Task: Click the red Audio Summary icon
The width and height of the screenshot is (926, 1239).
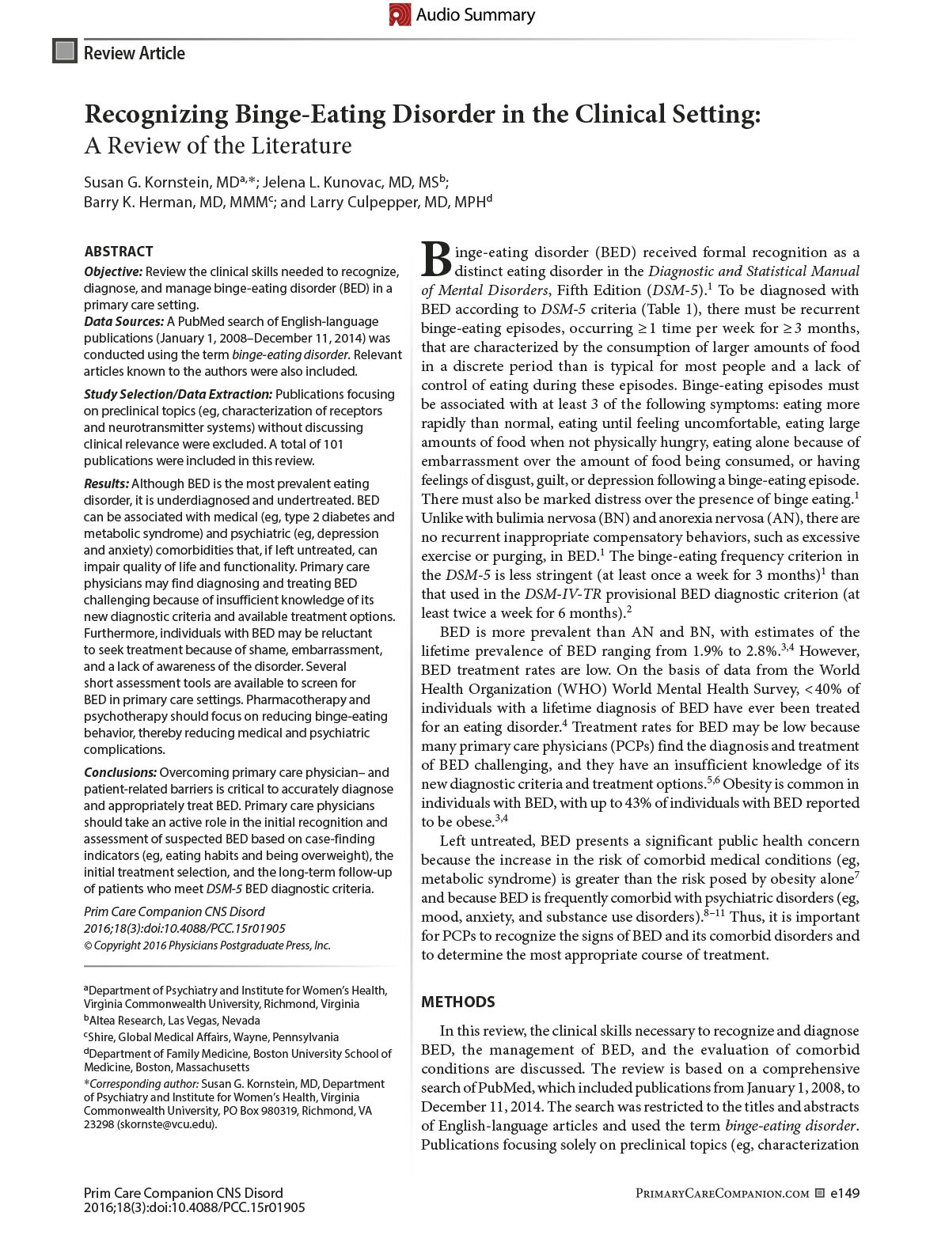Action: (400, 15)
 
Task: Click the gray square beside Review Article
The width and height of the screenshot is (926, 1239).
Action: (65, 52)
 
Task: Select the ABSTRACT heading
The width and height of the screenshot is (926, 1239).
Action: (119, 252)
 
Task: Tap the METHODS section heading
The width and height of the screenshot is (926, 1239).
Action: (458, 1002)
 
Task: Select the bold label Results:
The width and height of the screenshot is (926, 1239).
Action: (107, 483)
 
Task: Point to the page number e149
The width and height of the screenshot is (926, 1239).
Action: (844, 1193)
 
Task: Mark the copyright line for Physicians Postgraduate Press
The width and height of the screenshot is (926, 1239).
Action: (207, 945)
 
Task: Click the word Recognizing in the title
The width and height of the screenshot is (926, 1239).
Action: (156, 115)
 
